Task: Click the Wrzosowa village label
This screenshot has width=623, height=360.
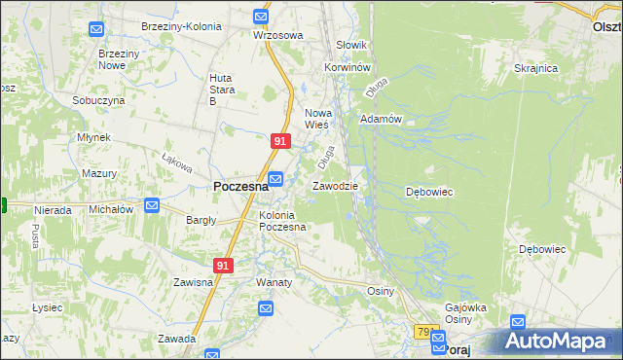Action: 277,35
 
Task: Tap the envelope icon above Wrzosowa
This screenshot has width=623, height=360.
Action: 261,17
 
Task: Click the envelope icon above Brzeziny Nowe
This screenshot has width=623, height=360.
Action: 95,29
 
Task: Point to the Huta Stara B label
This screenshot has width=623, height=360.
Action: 226,89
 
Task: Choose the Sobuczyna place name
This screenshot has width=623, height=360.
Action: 98,100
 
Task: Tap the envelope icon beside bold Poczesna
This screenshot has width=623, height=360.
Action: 275,179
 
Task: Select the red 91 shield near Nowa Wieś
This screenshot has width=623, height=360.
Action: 279,142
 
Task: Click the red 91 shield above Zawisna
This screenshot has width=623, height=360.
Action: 224,265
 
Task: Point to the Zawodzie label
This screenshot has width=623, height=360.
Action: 335,186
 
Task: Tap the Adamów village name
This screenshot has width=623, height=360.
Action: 381,119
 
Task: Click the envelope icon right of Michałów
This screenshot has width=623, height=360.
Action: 152,205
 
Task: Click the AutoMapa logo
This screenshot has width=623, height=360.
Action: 558,340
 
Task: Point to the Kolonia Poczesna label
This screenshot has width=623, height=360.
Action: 282,221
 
